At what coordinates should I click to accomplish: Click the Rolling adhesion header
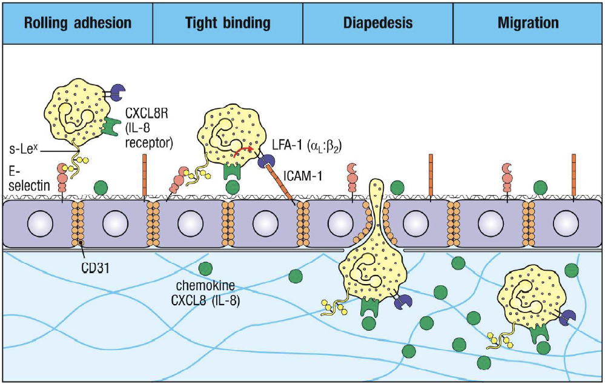coord(77,24)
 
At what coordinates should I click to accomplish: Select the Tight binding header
coord(227,24)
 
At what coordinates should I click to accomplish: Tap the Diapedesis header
coord(378,24)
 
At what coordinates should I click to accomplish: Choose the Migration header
coord(528,24)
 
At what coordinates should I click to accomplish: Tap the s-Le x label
coord(25,149)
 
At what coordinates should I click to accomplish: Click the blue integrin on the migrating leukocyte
coord(568,317)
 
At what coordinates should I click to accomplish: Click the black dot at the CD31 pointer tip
coord(82,243)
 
